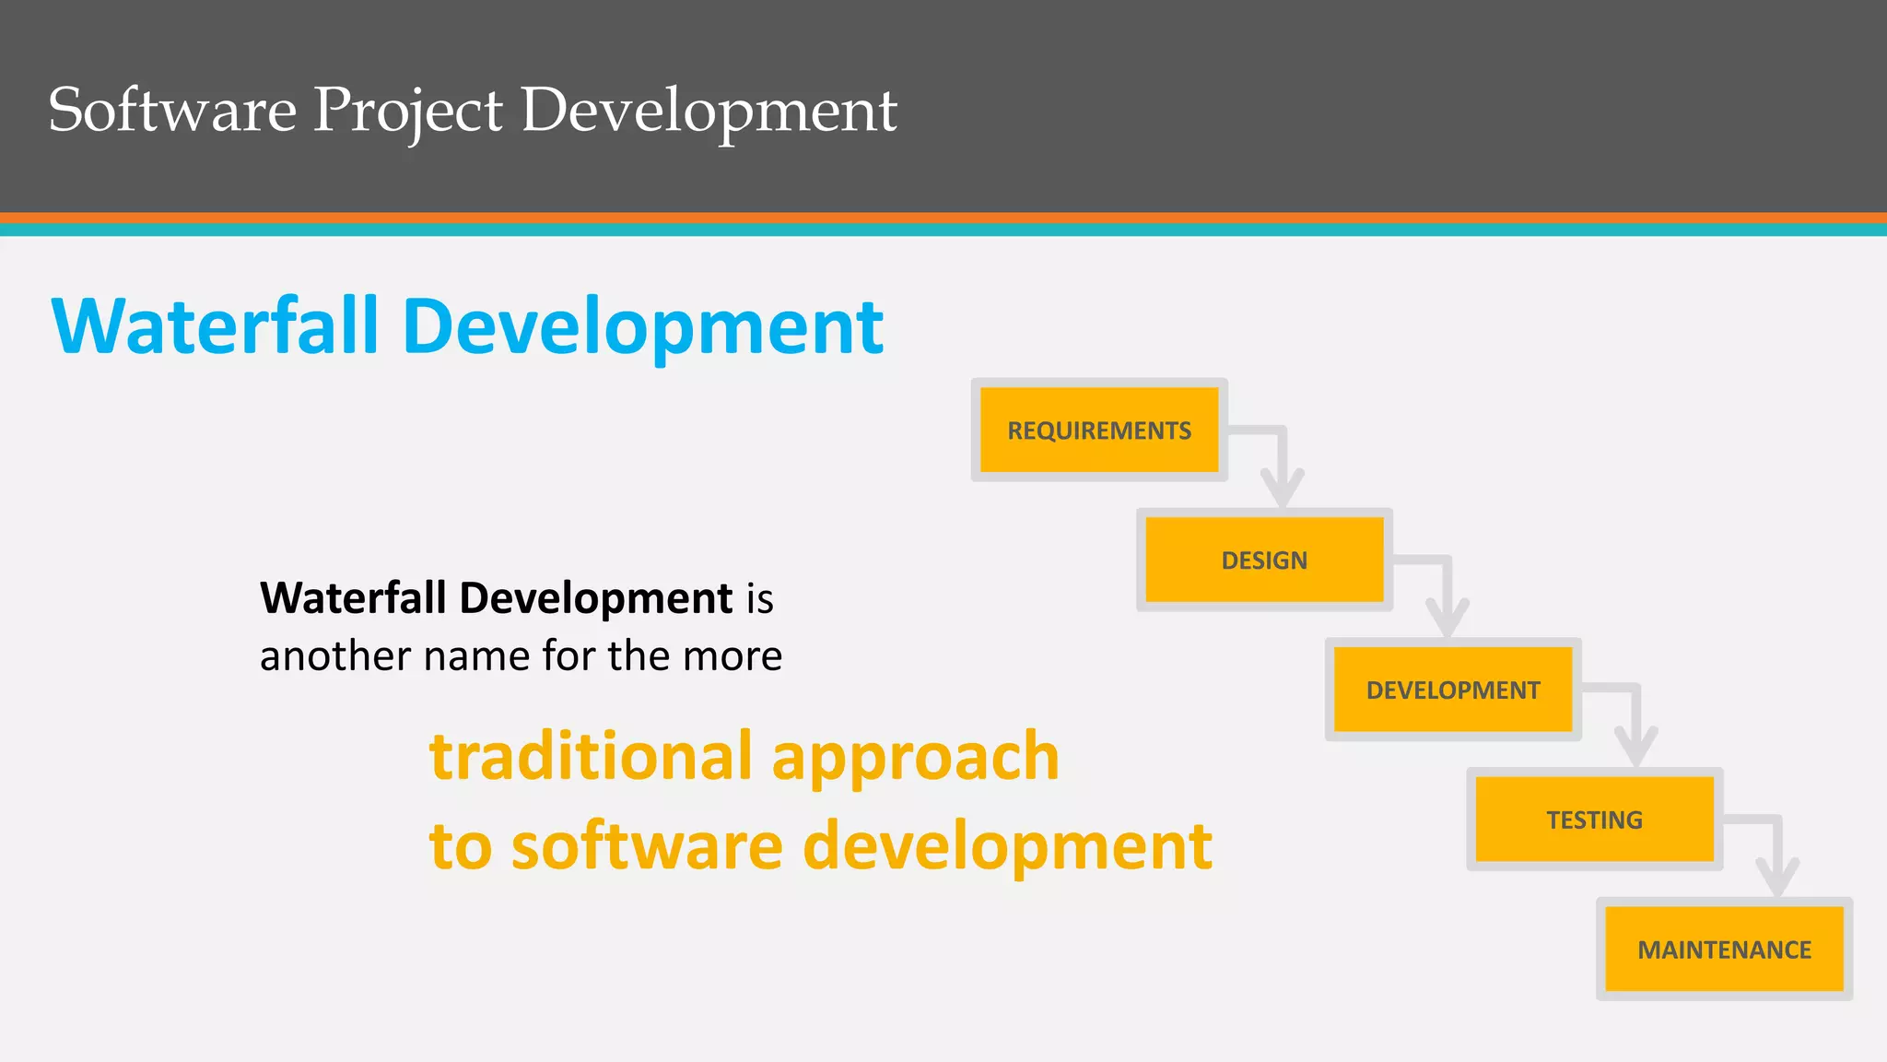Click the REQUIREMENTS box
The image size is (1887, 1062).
click(1098, 430)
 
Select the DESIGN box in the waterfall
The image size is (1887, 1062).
click(1264, 560)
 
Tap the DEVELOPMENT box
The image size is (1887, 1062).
click(1452, 690)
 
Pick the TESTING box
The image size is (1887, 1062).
click(1594, 820)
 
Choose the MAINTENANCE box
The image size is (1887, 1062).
click(1724, 950)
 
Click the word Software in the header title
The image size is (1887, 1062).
click(172, 111)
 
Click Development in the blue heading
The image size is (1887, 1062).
click(643, 327)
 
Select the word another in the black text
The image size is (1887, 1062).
click(334, 656)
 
